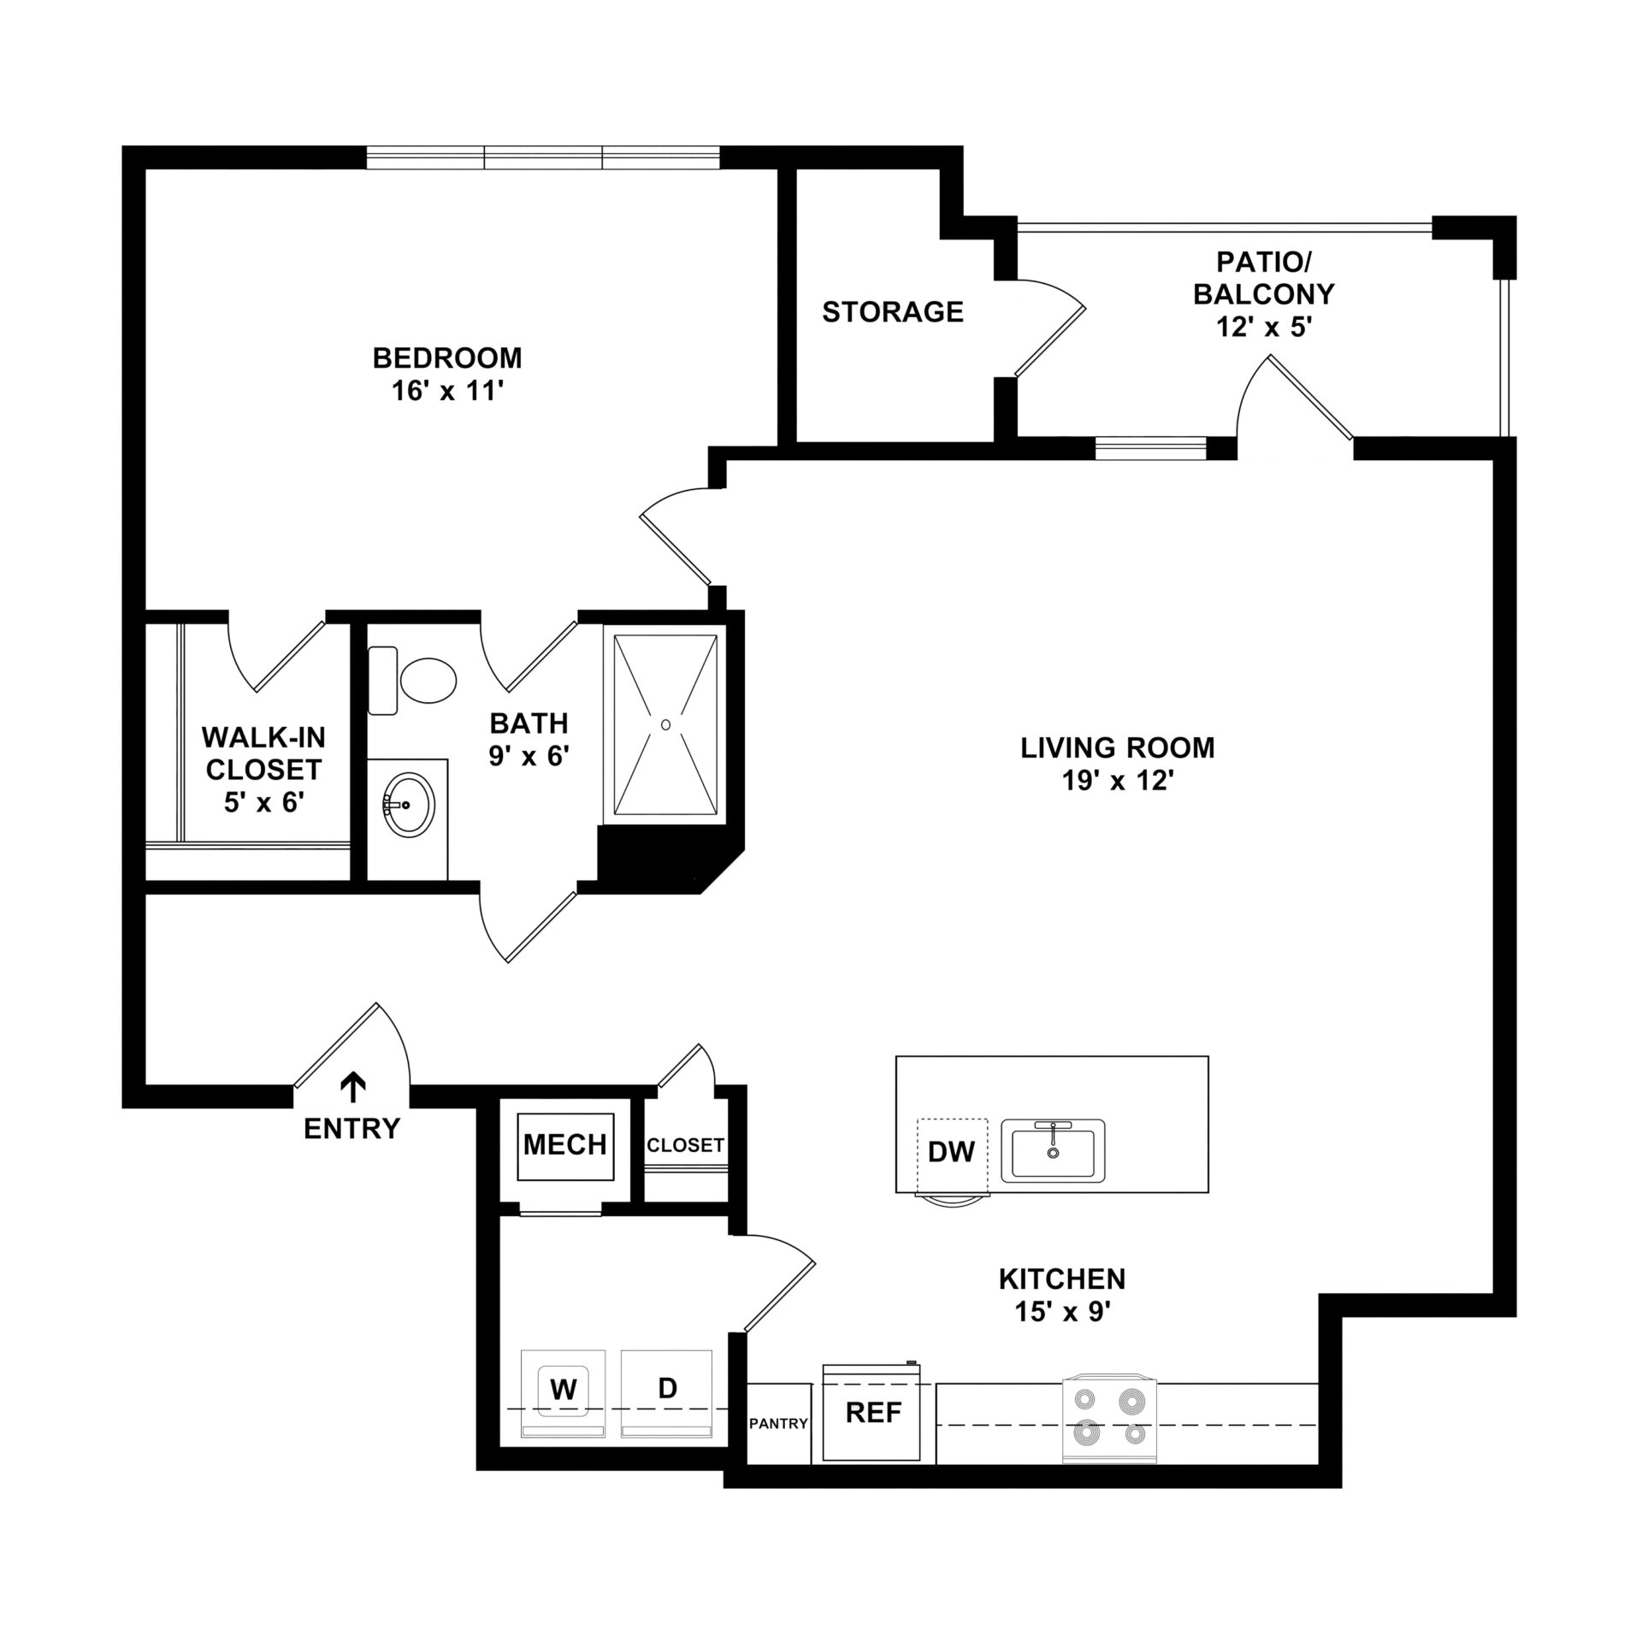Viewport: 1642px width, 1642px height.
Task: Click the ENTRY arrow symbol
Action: [352, 1088]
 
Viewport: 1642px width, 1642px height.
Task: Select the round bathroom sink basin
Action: [409, 804]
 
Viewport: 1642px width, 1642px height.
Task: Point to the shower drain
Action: [665, 724]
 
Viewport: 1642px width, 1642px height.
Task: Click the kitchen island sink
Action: [1054, 1150]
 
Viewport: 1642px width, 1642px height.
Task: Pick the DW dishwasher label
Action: [951, 1152]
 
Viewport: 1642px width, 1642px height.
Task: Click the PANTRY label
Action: [778, 1424]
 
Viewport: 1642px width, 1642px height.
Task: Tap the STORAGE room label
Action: [893, 312]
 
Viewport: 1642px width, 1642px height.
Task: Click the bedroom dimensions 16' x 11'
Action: [447, 391]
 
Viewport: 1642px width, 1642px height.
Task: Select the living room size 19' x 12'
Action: [1117, 781]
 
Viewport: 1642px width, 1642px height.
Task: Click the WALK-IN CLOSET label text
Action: [263, 753]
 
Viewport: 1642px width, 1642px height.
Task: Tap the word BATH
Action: [529, 724]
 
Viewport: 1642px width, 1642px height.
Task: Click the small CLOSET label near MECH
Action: [685, 1145]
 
